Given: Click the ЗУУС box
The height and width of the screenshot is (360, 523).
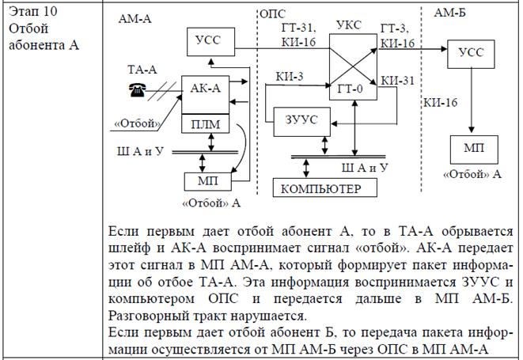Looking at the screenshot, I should tap(301, 119).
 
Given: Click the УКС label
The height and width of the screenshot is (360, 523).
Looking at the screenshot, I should tap(348, 25).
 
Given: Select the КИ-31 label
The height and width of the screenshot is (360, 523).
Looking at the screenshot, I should tap(396, 80).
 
